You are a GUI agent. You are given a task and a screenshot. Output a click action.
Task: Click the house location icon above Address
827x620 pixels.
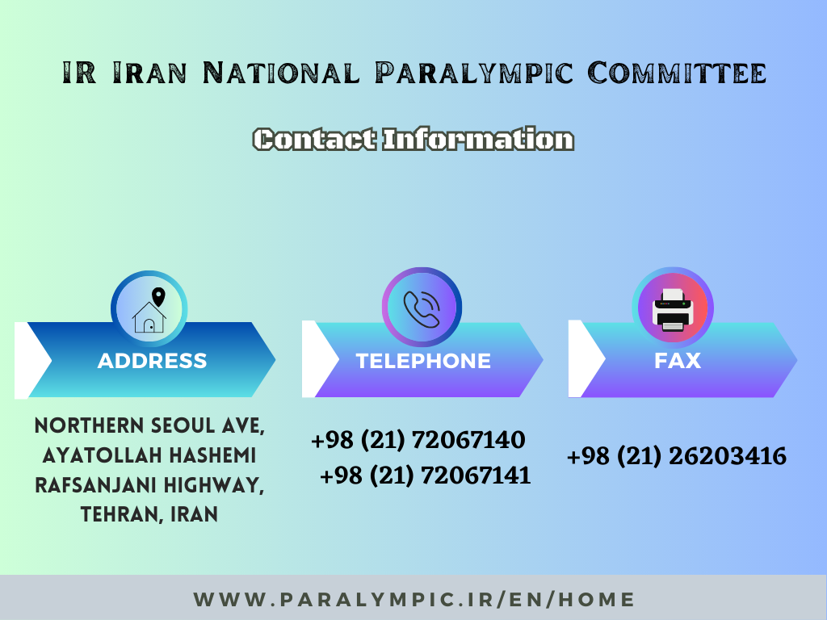click(149, 309)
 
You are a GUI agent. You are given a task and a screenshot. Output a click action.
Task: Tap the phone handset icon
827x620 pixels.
click(422, 308)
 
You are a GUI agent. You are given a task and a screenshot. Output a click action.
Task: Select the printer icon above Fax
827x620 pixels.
click(672, 308)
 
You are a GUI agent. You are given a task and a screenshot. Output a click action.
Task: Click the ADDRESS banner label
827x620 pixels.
click(152, 361)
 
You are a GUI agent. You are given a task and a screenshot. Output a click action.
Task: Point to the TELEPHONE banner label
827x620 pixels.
click(423, 361)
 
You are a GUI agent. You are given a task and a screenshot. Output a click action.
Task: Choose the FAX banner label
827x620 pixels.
click(678, 361)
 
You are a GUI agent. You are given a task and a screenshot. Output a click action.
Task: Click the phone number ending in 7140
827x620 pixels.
click(418, 441)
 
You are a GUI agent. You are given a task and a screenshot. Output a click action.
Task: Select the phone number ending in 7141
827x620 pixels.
click(425, 475)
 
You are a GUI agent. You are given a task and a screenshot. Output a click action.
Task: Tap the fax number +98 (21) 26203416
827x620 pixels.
click(676, 457)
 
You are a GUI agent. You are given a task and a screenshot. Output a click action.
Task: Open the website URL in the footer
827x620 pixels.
click(414, 600)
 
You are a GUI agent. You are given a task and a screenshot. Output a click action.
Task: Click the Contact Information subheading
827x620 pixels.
click(413, 140)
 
